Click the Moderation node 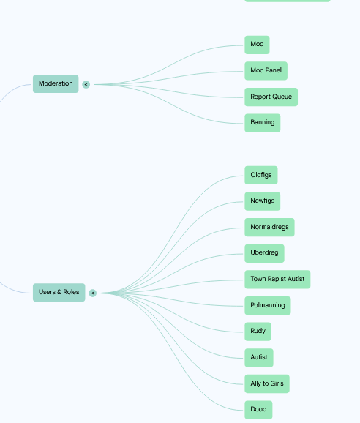click(56, 83)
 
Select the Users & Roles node click(59, 292)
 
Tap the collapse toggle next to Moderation click(86, 84)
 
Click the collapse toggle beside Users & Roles click(92, 293)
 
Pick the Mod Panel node click(266, 71)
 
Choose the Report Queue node click(271, 97)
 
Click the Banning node click(263, 123)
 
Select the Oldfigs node click(261, 175)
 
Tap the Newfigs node click(263, 201)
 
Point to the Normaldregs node click(269, 227)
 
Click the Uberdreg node click(264, 253)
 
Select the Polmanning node click(268, 305)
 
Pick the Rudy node click(258, 332)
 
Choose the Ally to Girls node click(267, 383)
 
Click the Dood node click(258, 410)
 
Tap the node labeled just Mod click(257, 45)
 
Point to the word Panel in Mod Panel click(274, 70)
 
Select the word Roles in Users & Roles click(71, 292)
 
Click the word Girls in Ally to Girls click(277, 383)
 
